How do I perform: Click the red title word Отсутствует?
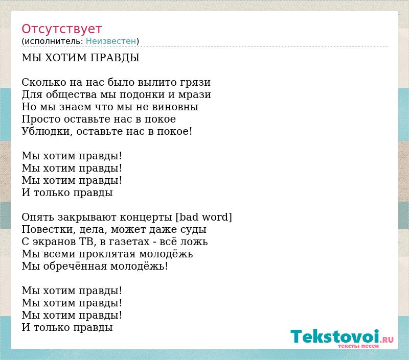(x=61, y=29)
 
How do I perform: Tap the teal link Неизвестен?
(x=111, y=41)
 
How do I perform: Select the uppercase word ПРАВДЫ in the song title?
(x=115, y=58)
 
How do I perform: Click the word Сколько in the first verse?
(x=44, y=82)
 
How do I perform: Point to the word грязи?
(x=195, y=83)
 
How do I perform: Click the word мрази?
(x=194, y=95)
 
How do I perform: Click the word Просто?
(x=41, y=119)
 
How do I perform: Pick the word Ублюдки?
(x=47, y=132)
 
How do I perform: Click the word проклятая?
(x=107, y=254)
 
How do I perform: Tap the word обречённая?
(x=75, y=266)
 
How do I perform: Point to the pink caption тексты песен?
(x=358, y=346)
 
